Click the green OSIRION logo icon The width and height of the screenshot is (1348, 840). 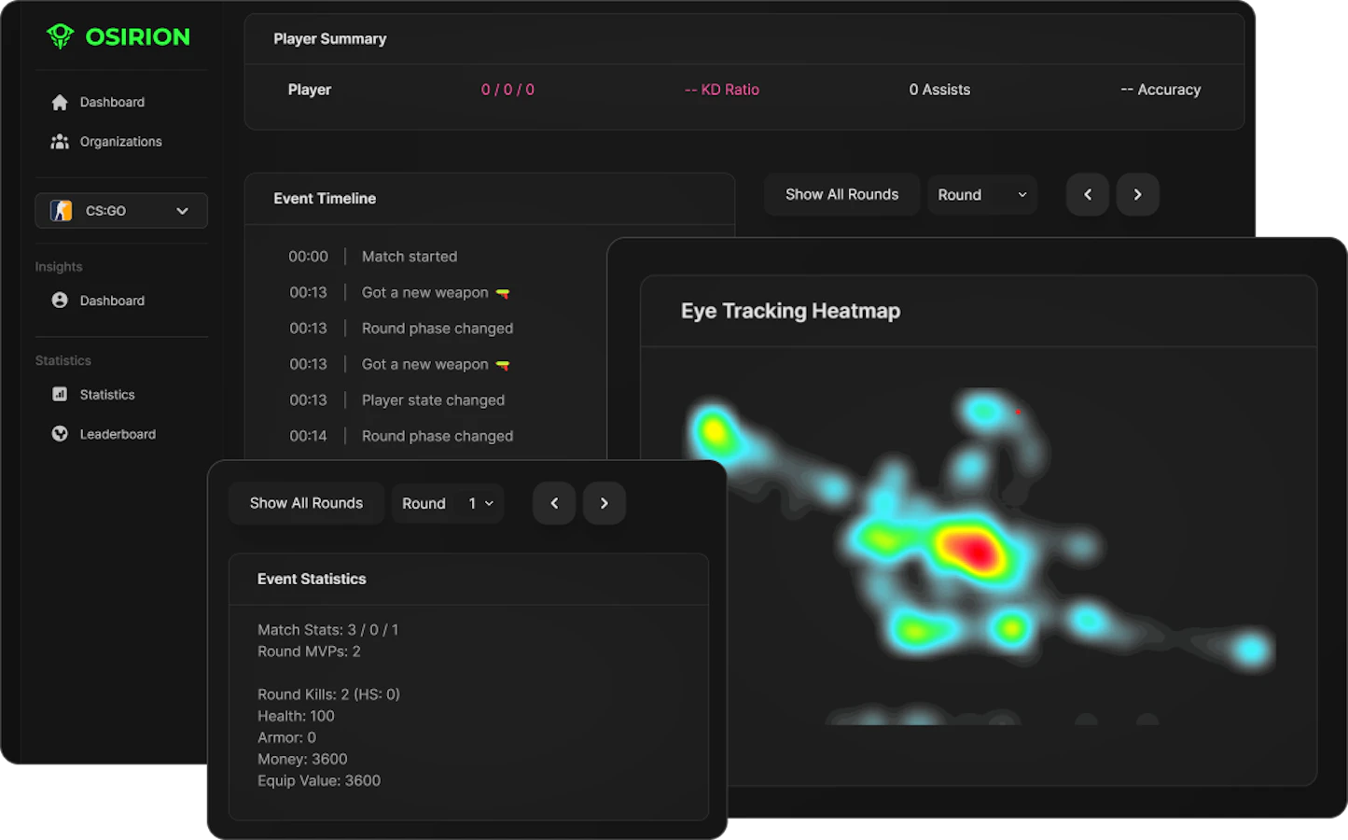coord(61,36)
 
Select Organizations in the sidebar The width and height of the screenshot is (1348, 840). coord(120,142)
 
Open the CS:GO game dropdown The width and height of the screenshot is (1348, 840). coord(121,211)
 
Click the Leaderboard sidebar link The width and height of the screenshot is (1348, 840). coord(118,434)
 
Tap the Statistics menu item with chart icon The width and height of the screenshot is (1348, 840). coord(106,395)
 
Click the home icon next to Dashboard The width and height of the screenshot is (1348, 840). coord(60,103)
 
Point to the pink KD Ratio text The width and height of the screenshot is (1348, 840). coord(721,90)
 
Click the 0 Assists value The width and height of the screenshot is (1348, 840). coord(939,90)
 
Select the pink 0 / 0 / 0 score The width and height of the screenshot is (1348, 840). coord(507,90)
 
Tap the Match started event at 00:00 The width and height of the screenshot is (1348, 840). coord(410,257)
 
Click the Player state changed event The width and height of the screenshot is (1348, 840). coord(433,400)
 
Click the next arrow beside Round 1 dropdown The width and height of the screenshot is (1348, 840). coord(605,503)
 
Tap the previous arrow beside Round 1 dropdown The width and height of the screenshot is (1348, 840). coord(554,503)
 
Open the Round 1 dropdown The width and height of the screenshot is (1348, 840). coord(448,503)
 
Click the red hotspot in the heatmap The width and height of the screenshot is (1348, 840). coord(975,549)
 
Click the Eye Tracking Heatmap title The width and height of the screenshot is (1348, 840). coord(791,311)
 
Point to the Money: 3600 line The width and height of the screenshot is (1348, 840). coord(302,759)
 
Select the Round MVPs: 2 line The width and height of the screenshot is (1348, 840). coord(309,651)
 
